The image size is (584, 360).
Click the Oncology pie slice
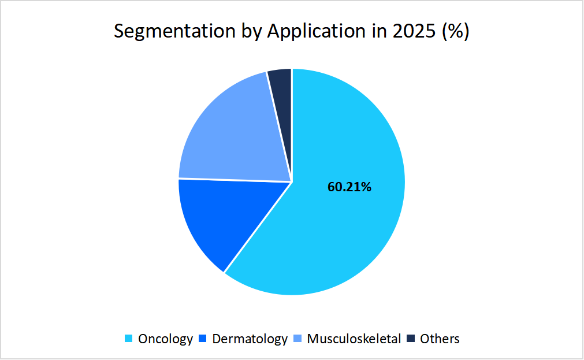[347, 231]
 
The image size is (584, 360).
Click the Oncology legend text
[165, 339]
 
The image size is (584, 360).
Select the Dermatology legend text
[250, 339]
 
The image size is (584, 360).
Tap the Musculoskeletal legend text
[354, 339]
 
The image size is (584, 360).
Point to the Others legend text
[440, 339]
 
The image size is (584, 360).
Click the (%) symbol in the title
[455, 31]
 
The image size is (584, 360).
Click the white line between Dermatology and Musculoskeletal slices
[234, 180]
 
